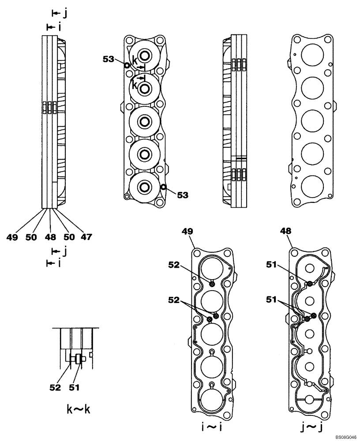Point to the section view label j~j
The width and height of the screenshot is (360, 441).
pyautogui.click(x=308, y=427)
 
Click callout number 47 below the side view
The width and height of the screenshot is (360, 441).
pyautogui.click(x=86, y=237)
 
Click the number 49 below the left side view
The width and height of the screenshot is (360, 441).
pyautogui.click(x=12, y=237)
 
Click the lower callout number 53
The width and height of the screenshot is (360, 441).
pyautogui.click(x=182, y=194)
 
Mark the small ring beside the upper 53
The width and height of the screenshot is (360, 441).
pyautogui.click(x=127, y=65)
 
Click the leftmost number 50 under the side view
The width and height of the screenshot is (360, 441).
pyautogui.click(x=30, y=237)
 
